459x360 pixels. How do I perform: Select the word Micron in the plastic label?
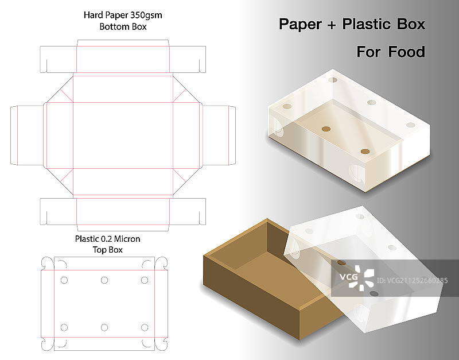tap(127, 239)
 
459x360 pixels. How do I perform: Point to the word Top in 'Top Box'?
tap(99, 250)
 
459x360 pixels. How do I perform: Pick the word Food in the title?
tap(407, 52)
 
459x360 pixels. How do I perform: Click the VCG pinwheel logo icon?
tap(361, 278)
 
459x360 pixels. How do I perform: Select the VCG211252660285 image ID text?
tap(416, 281)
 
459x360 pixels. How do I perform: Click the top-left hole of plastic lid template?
tap(64, 280)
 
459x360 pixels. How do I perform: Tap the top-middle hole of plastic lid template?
tap(104, 280)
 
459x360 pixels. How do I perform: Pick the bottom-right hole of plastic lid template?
tap(145, 327)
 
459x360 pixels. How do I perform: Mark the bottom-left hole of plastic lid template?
tap(64, 327)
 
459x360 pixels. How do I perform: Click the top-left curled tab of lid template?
tap(48, 263)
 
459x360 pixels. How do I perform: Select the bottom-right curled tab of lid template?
tap(161, 344)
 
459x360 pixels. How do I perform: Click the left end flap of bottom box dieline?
tap(27, 136)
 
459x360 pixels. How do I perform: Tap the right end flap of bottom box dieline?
tap(219, 136)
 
